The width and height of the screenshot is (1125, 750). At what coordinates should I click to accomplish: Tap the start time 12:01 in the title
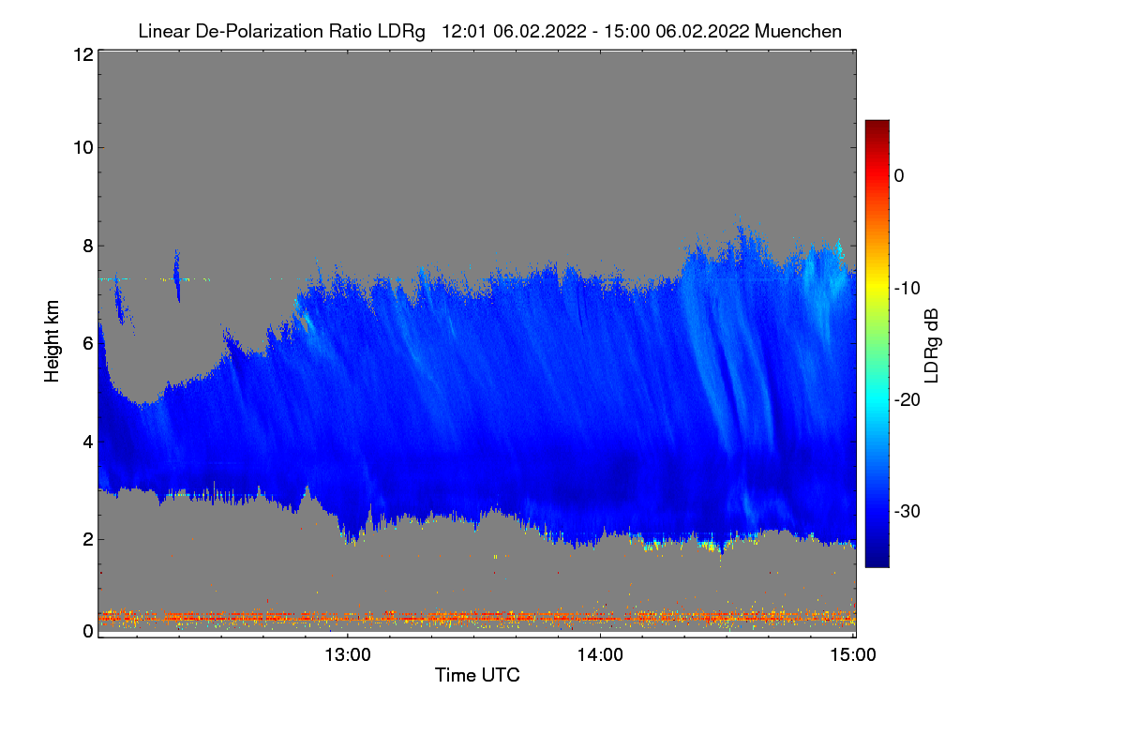(x=463, y=31)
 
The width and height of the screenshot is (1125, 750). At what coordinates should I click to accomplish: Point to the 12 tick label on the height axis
(x=82, y=54)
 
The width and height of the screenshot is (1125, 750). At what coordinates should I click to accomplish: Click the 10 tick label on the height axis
(x=82, y=147)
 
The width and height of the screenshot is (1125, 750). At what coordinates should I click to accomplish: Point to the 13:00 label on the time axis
(x=348, y=654)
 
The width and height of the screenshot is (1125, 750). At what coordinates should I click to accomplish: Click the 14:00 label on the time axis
(x=600, y=654)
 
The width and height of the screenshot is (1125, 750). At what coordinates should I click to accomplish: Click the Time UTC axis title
(x=477, y=675)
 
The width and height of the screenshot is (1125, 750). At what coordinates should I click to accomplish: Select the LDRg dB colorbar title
(x=932, y=344)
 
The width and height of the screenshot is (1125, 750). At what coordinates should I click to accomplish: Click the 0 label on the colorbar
(x=899, y=175)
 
